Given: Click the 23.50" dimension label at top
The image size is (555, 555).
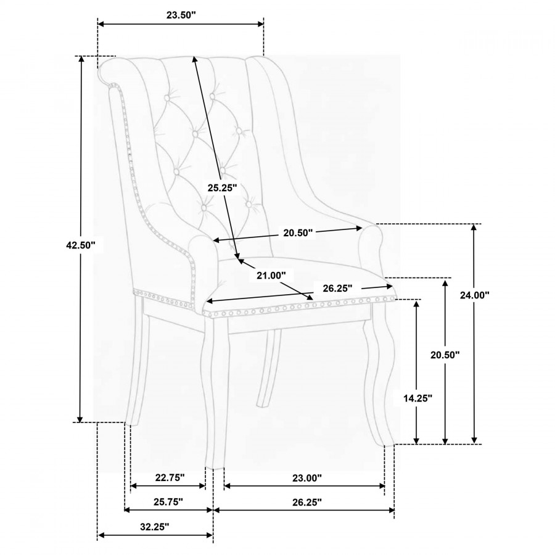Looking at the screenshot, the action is [x=181, y=15].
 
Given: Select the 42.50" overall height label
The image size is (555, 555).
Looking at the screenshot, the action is [x=81, y=245].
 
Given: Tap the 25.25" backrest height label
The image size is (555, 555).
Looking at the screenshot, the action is [x=222, y=187].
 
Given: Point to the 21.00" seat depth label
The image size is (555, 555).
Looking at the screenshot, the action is [x=271, y=275].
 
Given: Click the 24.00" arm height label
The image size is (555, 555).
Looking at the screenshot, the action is [x=475, y=295].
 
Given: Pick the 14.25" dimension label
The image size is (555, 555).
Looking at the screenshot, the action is [x=418, y=398].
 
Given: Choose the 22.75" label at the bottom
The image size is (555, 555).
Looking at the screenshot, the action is [x=170, y=477].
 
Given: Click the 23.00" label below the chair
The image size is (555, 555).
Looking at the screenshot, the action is [x=307, y=478].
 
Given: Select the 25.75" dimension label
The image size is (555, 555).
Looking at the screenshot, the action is [x=168, y=501].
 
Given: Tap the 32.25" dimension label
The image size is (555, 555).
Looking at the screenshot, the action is [x=155, y=527].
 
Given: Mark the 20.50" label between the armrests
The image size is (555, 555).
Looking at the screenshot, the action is [x=298, y=233].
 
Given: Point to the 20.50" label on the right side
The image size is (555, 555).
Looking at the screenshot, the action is [x=445, y=355].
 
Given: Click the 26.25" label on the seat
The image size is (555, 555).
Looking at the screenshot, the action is [x=337, y=288].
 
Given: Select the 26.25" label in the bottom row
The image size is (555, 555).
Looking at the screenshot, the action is [x=307, y=501].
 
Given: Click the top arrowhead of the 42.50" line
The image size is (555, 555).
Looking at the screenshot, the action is [x=81, y=59].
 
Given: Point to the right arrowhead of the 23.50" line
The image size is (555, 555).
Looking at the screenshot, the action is [x=260, y=23].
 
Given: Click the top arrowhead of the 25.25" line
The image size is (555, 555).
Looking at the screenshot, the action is [x=194, y=59].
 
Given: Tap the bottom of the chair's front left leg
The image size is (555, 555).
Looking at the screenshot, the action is [x=215, y=468].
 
